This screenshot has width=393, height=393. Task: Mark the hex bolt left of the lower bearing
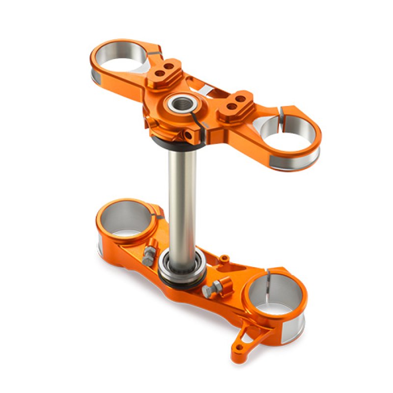click(x=148, y=254)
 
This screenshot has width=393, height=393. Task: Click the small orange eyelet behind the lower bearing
click(x=225, y=257)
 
